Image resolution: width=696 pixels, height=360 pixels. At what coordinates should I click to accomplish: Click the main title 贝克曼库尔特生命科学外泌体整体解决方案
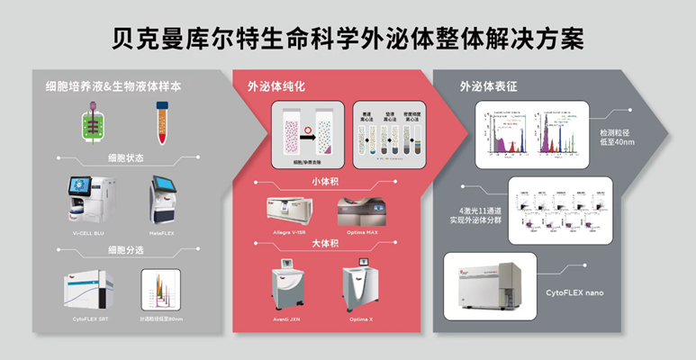point(348,38)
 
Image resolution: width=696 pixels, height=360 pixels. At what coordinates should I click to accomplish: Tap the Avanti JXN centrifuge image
point(293,288)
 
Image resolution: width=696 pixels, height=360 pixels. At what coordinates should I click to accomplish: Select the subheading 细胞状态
point(126,157)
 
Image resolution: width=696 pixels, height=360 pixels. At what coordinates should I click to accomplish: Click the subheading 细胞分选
point(126,249)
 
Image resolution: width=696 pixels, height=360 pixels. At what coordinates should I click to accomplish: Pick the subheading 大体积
point(327,244)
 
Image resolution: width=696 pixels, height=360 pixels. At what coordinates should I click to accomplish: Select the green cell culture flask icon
point(95,125)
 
